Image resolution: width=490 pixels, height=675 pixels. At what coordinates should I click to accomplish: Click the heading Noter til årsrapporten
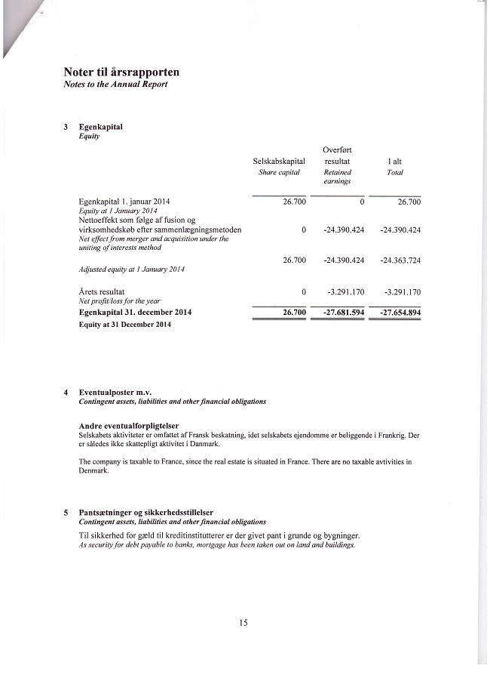121,72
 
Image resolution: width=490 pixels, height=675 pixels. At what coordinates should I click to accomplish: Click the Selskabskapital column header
279,162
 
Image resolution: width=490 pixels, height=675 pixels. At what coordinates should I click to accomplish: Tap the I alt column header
394,162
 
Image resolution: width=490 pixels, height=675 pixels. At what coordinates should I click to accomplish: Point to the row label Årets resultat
102,291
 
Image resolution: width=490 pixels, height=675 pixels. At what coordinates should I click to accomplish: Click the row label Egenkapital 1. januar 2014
124,202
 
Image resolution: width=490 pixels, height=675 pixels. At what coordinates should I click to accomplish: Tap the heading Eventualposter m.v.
115,393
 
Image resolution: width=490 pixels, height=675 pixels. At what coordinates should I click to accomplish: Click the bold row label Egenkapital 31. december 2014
136,312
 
